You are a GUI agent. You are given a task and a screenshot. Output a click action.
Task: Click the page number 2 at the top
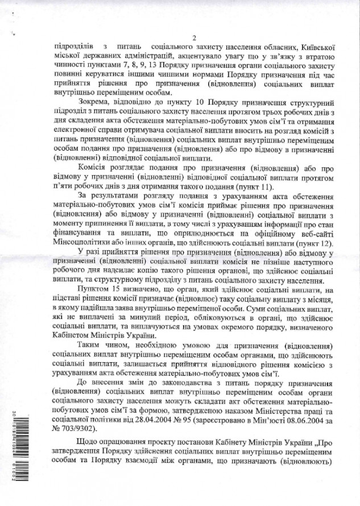(x=193, y=38)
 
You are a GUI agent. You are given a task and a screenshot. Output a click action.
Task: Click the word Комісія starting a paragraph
(x=93, y=169)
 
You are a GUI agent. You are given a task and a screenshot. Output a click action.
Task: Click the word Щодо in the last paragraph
(x=90, y=446)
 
